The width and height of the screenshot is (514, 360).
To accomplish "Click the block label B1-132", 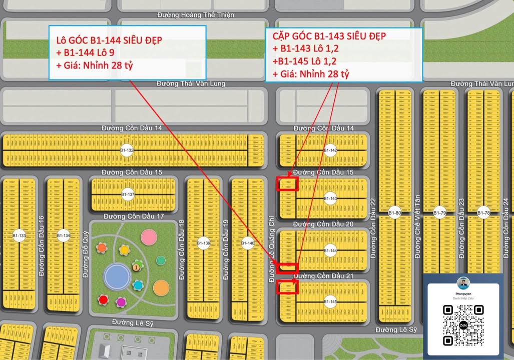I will click(x=127, y=150).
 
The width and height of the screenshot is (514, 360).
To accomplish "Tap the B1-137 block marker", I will click(x=129, y=194).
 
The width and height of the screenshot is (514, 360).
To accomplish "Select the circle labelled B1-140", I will click(x=248, y=244).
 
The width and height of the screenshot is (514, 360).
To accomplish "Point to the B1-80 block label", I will click(x=395, y=213).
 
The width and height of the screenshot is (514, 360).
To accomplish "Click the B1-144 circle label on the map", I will click(x=330, y=251).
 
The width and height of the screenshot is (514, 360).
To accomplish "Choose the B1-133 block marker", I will click(x=19, y=235).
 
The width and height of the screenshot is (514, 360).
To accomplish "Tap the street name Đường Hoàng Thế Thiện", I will click(x=195, y=15).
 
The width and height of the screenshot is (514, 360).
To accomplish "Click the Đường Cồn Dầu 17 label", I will click(x=134, y=216).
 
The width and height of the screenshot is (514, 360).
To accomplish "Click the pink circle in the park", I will click(x=149, y=237).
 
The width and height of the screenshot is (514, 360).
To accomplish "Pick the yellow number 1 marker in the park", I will click(x=136, y=268).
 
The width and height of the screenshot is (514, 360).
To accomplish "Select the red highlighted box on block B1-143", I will click(x=288, y=183).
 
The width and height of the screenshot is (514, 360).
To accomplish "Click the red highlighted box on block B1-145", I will click(x=287, y=286).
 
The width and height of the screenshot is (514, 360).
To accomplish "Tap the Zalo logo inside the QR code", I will click(x=463, y=325).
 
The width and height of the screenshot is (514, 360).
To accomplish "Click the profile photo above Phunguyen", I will click(x=463, y=282).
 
